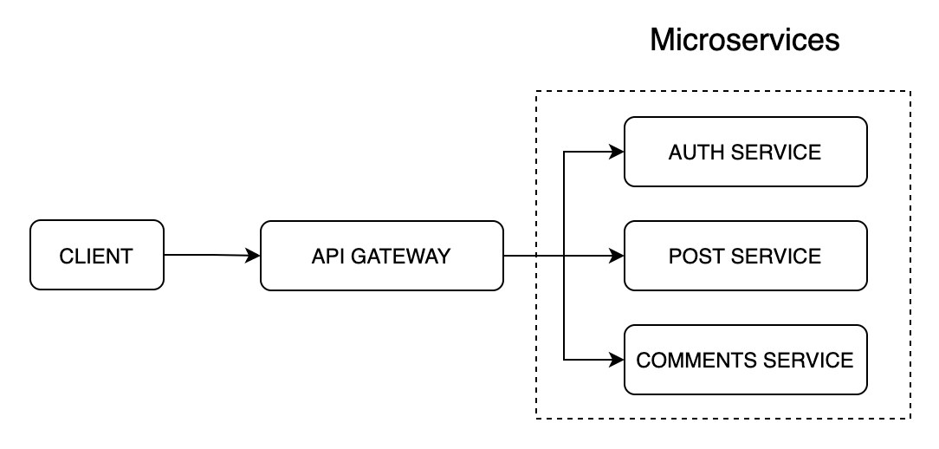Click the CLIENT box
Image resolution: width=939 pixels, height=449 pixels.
pos(97,255)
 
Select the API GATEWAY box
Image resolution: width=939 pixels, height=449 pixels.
pos(381,256)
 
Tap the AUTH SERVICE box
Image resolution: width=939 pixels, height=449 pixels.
pos(746,152)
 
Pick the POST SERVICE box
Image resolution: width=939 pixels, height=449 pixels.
pos(746,256)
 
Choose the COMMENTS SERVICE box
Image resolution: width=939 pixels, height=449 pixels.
pos(746,360)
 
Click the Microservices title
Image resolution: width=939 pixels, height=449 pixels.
pos(744,40)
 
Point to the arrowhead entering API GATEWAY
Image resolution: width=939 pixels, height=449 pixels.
pos(253,256)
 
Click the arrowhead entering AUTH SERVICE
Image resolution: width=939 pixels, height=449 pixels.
pos(617,152)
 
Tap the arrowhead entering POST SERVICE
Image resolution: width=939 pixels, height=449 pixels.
pos(617,256)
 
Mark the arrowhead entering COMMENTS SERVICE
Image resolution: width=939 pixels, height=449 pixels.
pos(617,360)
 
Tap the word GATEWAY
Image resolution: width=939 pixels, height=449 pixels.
pos(400,257)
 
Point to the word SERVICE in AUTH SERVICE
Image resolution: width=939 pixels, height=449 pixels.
pos(775,153)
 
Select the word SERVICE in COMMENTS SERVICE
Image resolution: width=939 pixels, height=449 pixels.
pos(808,361)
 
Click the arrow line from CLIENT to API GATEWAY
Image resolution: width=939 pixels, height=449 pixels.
pos(212,255)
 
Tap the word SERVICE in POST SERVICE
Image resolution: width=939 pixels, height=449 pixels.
pos(775,257)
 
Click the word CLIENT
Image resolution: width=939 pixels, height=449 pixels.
pos(96,257)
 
